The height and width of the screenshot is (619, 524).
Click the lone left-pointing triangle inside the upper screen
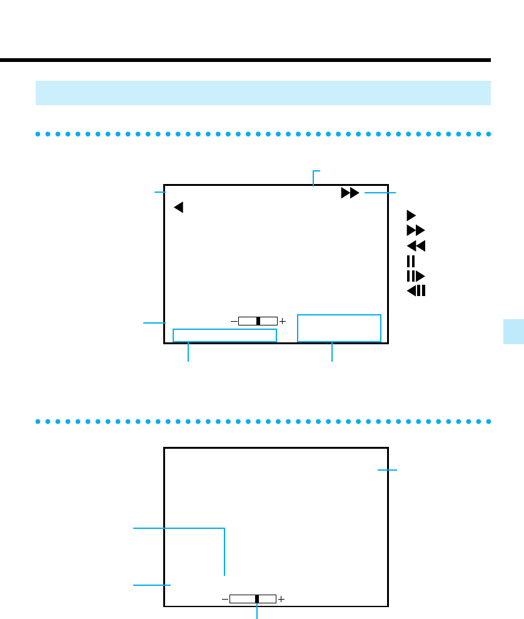178,207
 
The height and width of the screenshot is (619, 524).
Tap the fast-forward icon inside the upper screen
350,193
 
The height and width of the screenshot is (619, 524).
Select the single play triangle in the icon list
411,214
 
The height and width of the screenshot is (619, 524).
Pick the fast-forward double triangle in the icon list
416,230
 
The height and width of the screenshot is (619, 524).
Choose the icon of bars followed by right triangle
415,276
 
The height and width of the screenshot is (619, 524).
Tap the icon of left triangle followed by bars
416,290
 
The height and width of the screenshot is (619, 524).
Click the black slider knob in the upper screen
258,321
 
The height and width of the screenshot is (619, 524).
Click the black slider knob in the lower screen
257,599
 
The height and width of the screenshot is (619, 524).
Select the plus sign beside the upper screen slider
283,321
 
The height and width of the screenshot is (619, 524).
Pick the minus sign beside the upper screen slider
234,321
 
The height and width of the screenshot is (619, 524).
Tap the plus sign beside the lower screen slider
281,599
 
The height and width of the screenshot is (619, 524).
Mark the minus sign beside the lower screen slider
225,599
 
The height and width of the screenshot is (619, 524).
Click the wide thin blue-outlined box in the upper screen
224,335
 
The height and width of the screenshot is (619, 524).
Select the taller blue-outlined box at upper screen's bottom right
339,328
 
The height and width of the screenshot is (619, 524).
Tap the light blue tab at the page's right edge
514,330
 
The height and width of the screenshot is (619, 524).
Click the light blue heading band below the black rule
263,93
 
